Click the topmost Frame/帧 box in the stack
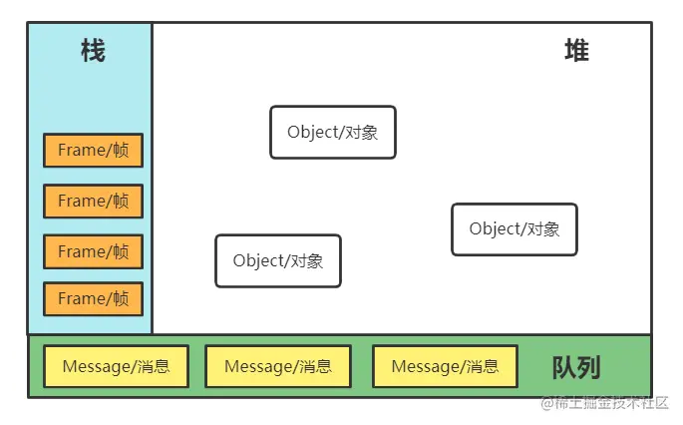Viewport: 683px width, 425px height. (x=93, y=150)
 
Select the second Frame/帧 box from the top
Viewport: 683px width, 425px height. (x=93, y=201)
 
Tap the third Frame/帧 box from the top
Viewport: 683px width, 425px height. (x=93, y=251)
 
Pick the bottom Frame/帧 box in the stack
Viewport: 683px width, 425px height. (x=93, y=298)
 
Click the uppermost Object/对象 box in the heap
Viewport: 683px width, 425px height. (x=332, y=132)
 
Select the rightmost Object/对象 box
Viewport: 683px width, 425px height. (x=513, y=228)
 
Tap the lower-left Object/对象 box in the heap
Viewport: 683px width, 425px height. (x=277, y=260)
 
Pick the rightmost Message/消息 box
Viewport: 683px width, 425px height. (x=445, y=366)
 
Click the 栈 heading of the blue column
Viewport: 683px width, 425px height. (x=92, y=51)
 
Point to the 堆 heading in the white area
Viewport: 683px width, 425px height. (x=576, y=51)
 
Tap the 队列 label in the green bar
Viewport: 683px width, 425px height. (x=576, y=368)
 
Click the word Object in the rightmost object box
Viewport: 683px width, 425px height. (x=495, y=228)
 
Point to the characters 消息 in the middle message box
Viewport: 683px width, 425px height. (x=315, y=366)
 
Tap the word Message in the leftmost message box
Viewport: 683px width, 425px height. (x=95, y=366)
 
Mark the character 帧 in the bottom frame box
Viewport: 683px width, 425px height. (x=121, y=298)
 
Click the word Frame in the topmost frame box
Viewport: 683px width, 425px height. (x=81, y=150)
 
